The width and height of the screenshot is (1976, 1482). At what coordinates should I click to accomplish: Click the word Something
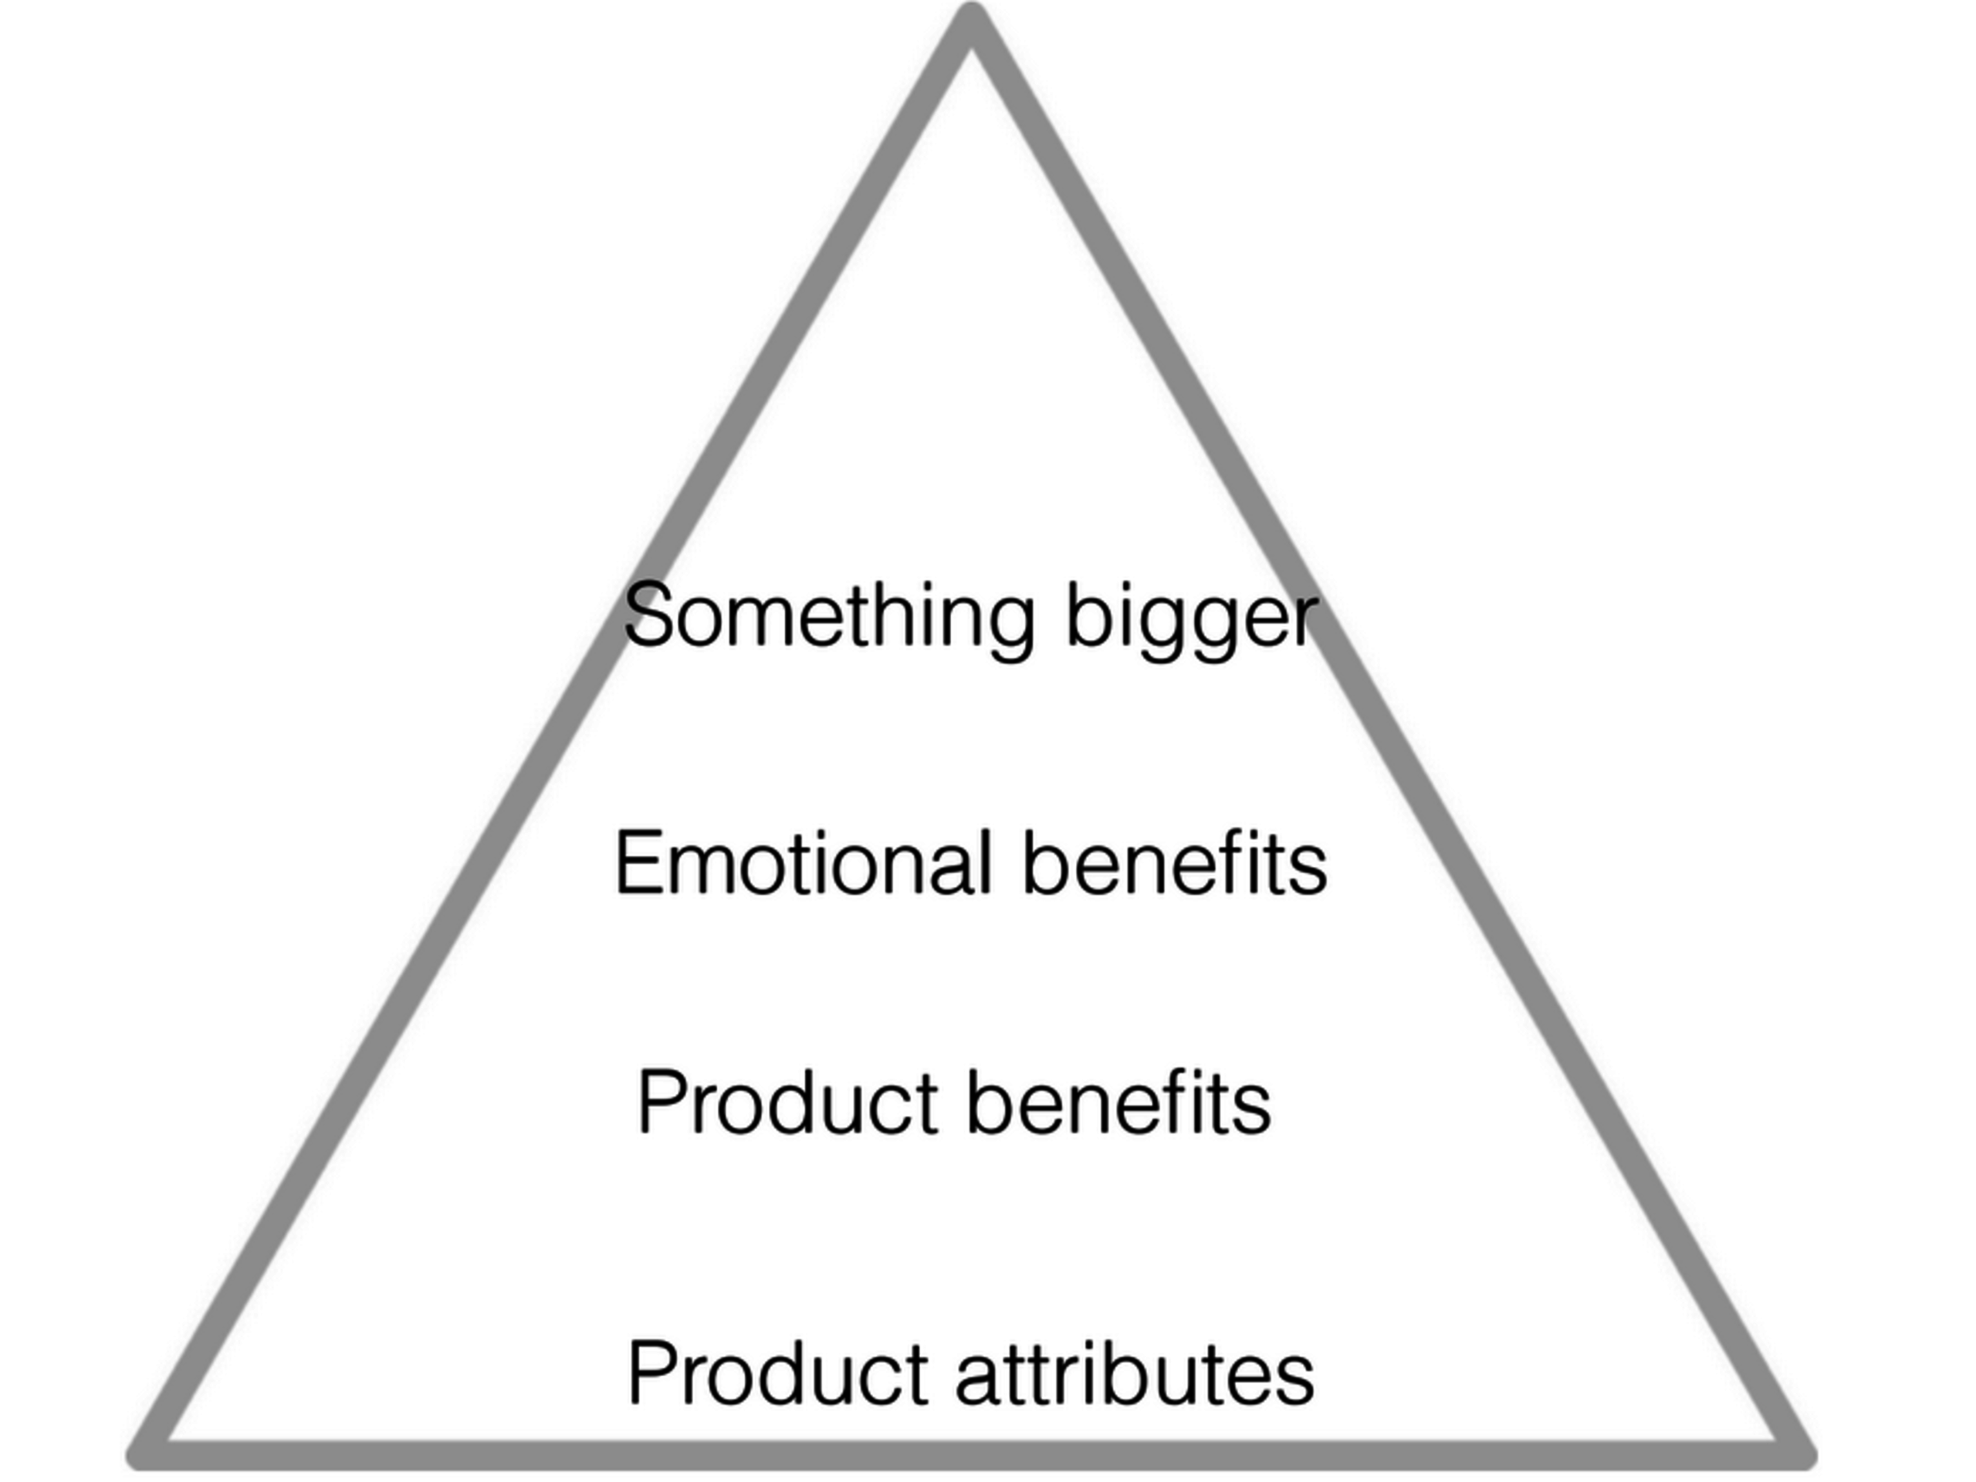(829, 617)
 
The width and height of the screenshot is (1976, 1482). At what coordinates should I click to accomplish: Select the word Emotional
(803, 863)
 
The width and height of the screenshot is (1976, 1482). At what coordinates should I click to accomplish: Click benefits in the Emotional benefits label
(1174, 863)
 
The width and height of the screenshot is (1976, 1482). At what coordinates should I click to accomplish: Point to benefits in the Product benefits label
(1118, 1104)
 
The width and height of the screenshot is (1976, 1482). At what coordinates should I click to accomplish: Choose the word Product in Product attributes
(777, 1374)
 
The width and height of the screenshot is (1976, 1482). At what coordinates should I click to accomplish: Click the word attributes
(1135, 1374)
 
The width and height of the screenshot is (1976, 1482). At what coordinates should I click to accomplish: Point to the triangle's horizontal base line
(971, 1454)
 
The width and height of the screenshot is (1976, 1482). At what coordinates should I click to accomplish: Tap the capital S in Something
(647, 614)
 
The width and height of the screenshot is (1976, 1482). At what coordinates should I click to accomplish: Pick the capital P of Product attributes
(652, 1373)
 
